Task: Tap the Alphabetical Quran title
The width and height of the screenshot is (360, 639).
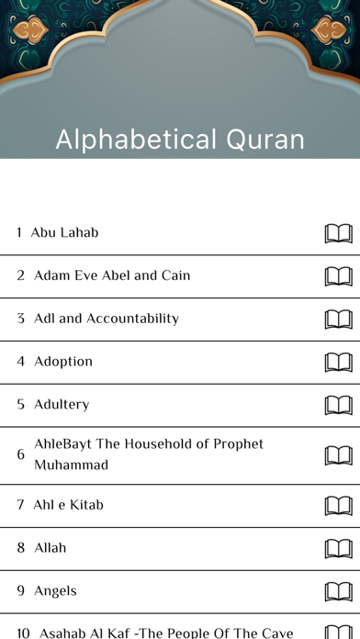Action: (x=180, y=140)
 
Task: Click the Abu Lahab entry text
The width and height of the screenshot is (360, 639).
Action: (x=64, y=232)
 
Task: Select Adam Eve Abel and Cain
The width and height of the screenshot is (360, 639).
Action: (x=112, y=275)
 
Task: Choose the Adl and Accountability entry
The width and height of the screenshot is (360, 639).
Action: (x=107, y=319)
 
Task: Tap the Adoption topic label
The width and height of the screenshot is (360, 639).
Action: (x=63, y=362)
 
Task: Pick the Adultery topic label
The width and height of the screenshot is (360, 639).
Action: (x=62, y=404)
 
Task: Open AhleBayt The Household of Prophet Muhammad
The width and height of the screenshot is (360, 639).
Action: (x=149, y=454)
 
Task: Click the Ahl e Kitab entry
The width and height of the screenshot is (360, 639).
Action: (x=68, y=505)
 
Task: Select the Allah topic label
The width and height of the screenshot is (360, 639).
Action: (x=51, y=548)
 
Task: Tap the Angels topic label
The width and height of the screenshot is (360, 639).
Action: (x=55, y=590)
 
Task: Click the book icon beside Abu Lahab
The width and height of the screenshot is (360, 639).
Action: (x=338, y=233)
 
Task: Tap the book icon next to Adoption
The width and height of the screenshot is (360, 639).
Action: (x=338, y=362)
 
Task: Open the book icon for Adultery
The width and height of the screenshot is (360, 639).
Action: (x=338, y=405)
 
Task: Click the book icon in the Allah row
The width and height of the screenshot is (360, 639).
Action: (x=338, y=548)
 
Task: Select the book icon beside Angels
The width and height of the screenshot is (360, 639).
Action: (x=338, y=591)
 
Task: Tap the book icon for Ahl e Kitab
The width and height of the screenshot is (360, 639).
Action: (x=338, y=505)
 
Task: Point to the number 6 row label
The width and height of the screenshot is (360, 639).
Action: (x=20, y=454)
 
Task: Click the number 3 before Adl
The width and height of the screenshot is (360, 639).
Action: (x=20, y=319)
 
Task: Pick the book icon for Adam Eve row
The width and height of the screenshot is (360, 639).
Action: (x=338, y=275)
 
